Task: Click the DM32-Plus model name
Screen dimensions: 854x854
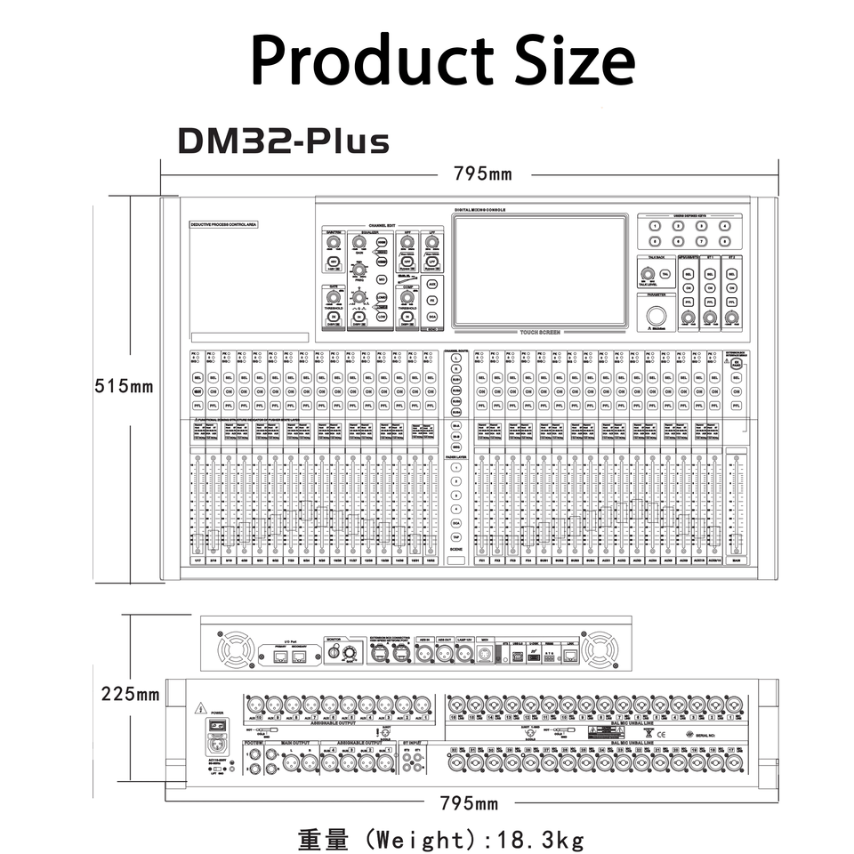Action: pyautogui.click(x=283, y=141)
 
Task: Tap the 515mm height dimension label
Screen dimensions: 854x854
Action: pyautogui.click(x=125, y=387)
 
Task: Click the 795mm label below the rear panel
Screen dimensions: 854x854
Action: pyautogui.click(x=470, y=804)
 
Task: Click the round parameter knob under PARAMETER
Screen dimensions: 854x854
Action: pyautogui.click(x=657, y=317)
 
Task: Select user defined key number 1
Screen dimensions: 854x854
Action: pyautogui.click(x=655, y=226)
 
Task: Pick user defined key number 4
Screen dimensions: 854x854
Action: pyautogui.click(x=725, y=226)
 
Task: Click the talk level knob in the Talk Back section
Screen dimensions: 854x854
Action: pyautogui.click(x=647, y=273)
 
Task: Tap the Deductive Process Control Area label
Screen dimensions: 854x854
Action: pyautogui.click(x=223, y=226)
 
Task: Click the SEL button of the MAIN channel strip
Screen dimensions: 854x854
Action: pyautogui.click(x=736, y=378)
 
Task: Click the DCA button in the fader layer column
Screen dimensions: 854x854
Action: pyautogui.click(x=455, y=525)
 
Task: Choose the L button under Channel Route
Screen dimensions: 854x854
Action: pyautogui.click(x=455, y=357)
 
